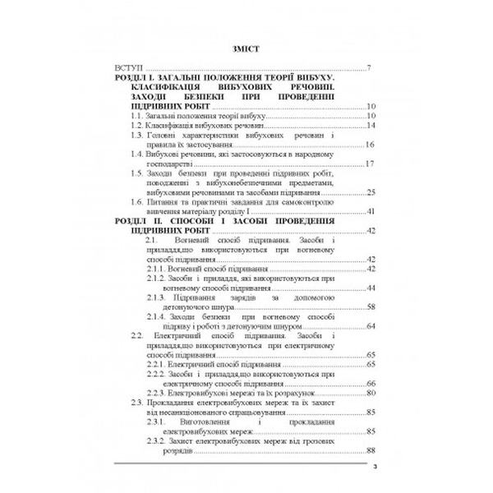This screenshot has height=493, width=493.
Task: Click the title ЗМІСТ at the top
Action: click(246, 48)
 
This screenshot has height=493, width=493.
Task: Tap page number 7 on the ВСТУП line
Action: click(371, 67)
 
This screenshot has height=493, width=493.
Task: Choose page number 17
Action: click(371, 164)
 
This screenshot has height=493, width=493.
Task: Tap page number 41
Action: click(371, 212)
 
